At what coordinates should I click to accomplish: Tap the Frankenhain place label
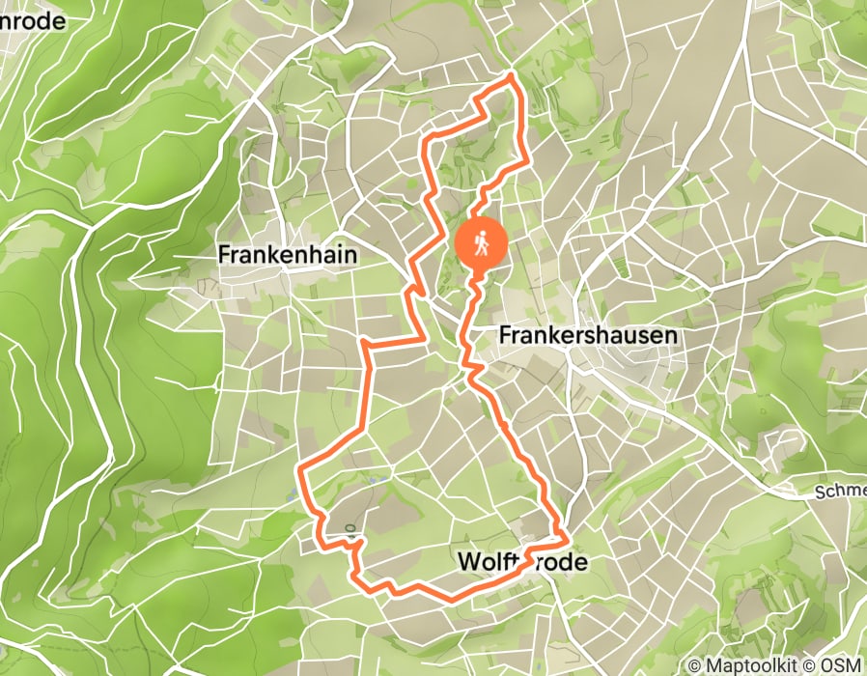tap(288, 255)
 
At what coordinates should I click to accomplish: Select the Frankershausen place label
tap(589, 335)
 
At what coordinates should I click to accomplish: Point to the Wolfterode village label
tap(521, 561)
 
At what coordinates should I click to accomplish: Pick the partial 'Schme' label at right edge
tap(840, 492)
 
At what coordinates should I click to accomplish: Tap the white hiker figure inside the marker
tap(481, 241)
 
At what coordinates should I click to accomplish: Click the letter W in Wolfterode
tap(467, 561)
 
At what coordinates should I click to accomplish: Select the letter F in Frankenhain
tap(225, 255)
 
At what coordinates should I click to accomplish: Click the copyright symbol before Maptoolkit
tap(695, 665)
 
